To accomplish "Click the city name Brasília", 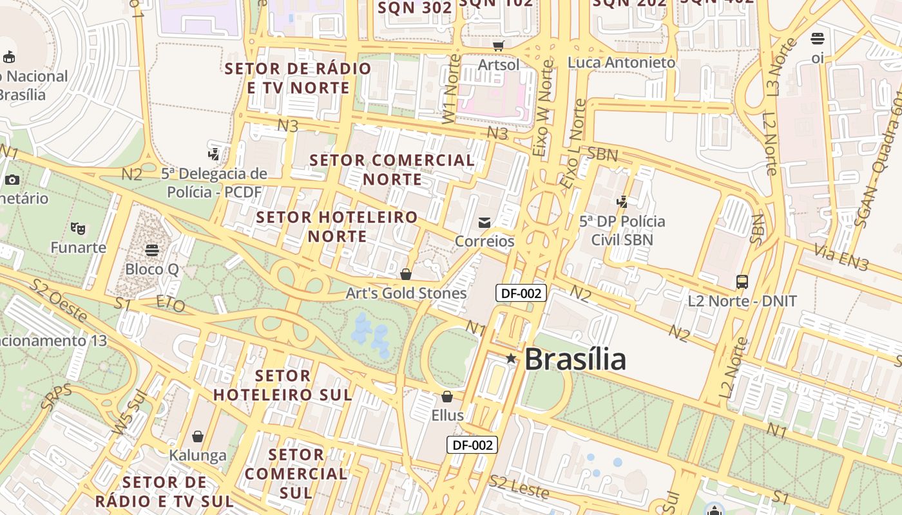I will pyautogui.click(x=575, y=359).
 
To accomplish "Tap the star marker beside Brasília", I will pyautogui.click(x=511, y=358).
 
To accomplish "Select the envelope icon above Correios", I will pyautogui.click(x=485, y=223).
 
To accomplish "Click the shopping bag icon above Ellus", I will pyautogui.click(x=447, y=397).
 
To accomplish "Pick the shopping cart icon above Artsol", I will pyautogui.click(x=498, y=46).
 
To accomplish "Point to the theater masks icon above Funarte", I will pyautogui.click(x=78, y=228).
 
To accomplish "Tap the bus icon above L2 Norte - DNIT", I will pyautogui.click(x=742, y=282).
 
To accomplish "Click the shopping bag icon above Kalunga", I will pyautogui.click(x=198, y=436).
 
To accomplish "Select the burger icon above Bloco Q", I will pyautogui.click(x=152, y=250).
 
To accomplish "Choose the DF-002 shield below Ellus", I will pyautogui.click(x=472, y=445).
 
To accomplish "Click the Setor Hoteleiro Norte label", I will pyautogui.click(x=337, y=227).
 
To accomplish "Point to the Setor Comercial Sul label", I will pyautogui.click(x=296, y=474).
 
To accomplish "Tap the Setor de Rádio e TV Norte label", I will pyautogui.click(x=298, y=78).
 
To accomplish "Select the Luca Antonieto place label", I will pyautogui.click(x=621, y=62).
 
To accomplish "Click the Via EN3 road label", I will pyautogui.click(x=841, y=256).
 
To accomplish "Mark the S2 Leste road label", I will pyautogui.click(x=519, y=487).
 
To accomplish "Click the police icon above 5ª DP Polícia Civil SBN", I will pyautogui.click(x=622, y=202).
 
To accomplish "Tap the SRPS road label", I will pyautogui.click(x=55, y=397).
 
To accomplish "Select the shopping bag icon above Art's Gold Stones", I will pyautogui.click(x=406, y=275).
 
